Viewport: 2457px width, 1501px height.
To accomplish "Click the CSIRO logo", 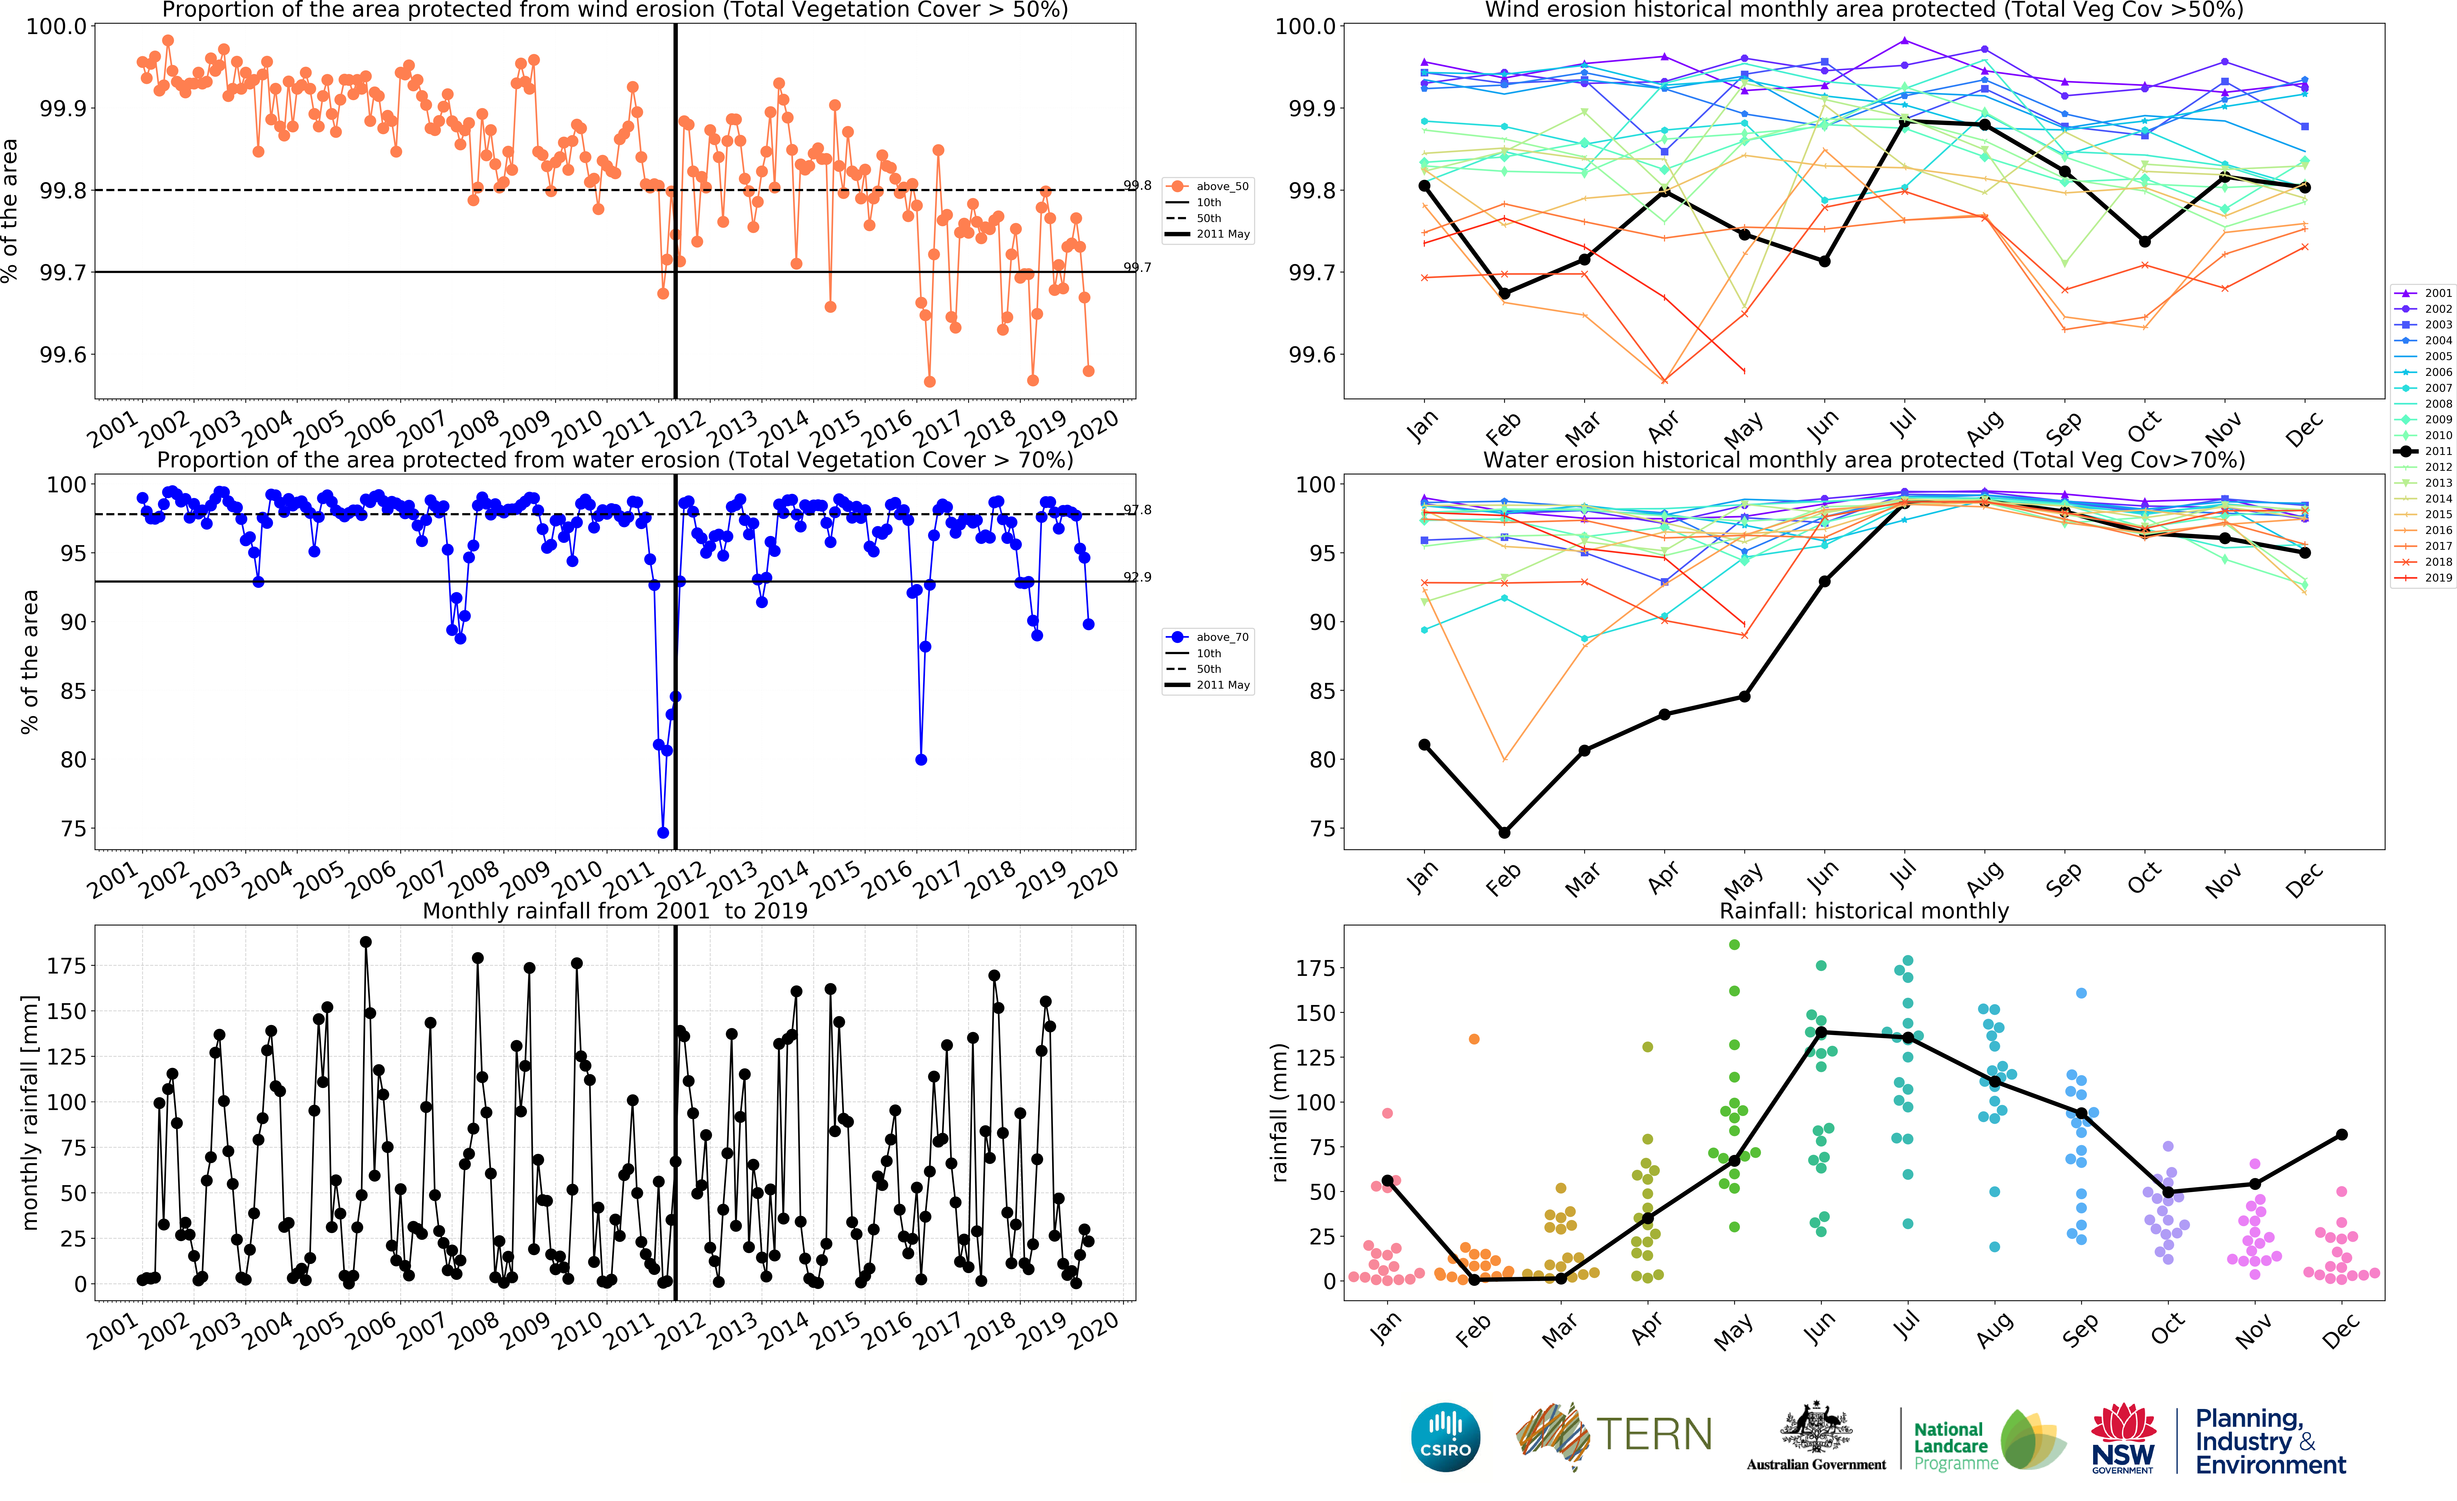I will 1445,1437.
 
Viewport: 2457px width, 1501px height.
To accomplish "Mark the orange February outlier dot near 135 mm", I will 1474,1039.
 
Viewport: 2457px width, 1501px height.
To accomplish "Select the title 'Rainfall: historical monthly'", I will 1864,911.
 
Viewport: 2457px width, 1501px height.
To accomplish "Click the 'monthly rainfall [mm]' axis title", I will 30,1112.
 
